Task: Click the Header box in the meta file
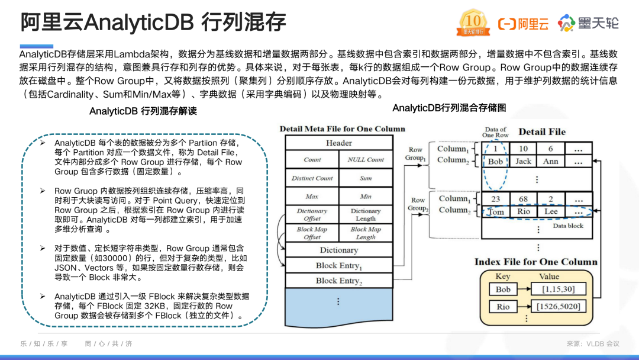[x=339, y=143]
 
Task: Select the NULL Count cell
[x=366, y=160]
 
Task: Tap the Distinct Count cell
[x=312, y=178]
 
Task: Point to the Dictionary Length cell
[x=366, y=214]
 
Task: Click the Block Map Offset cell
[x=312, y=233]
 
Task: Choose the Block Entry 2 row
[x=339, y=281]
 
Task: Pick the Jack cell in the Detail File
[x=523, y=161]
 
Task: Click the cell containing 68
[x=523, y=200]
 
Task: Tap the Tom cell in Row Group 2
[x=496, y=211]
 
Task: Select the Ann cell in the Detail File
[x=550, y=161]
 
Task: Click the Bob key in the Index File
[x=503, y=289]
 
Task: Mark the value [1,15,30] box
[x=559, y=289]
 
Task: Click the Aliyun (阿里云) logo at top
[x=523, y=24]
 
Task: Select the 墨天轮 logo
[x=589, y=23]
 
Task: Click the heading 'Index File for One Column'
[x=536, y=262]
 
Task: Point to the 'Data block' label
[x=567, y=226]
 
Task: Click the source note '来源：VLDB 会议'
[x=593, y=343]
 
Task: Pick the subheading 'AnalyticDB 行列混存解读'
[x=143, y=111]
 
